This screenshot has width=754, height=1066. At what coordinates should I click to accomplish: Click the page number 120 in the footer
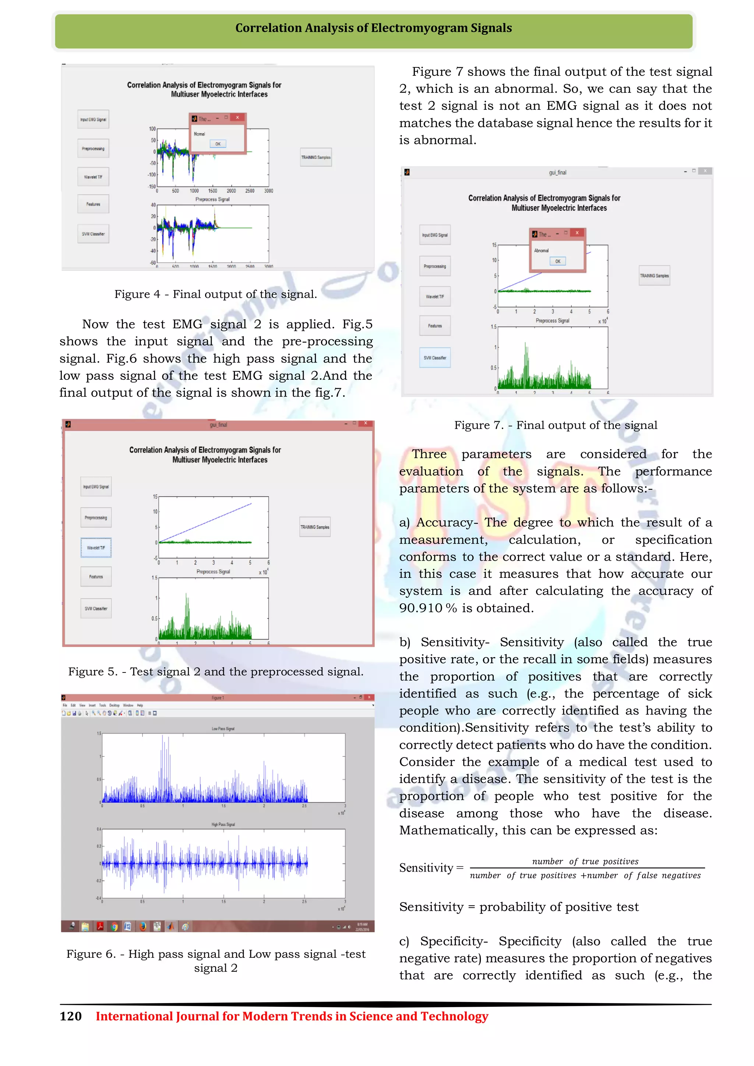coord(71,1016)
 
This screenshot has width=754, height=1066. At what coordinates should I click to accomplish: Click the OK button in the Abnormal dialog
coord(558,261)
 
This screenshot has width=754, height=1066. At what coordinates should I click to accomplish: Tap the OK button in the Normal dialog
coord(218,144)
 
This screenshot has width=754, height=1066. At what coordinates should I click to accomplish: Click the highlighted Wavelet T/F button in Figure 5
coord(96,548)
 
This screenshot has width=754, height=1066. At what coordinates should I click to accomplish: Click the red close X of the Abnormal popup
coord(577,233)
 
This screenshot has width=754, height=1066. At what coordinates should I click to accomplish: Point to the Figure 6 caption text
coord(216,961)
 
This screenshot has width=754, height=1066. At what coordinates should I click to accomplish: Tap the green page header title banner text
coord(373,28)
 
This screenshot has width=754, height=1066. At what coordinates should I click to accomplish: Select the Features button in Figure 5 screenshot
coord(96,577)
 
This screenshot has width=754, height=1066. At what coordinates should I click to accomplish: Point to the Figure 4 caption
coord(216,294)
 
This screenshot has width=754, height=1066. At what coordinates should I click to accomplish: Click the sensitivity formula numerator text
coord(585,862)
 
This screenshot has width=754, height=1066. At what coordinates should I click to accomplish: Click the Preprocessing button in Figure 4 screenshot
coord(93,149)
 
